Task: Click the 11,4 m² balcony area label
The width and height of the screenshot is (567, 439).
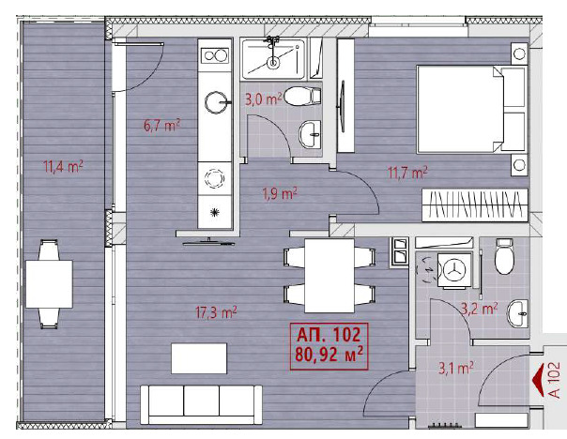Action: (x=63, y=167)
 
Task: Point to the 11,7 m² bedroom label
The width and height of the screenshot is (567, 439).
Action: (x=408, y=172)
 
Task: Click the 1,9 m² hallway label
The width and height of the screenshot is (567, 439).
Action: (x=279, y=194)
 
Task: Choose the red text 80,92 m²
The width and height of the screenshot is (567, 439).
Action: (x=329, y=355)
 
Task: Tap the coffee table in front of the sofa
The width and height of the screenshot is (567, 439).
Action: (x=198, y=358)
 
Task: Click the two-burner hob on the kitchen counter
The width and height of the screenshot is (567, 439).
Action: (x=216, y=55)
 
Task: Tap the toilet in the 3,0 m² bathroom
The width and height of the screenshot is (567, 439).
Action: (x=299, y=97)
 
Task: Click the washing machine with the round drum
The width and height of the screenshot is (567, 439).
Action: (x=454, y=269)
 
